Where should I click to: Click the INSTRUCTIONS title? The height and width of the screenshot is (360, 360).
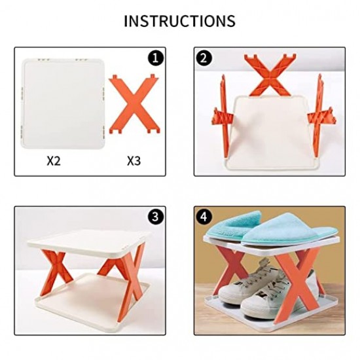pyautogui.click(x=179, y=20)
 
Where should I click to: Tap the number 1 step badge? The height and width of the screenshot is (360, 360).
pyautogui.click(x=155, y=58)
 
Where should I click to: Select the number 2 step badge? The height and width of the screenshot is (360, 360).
pyautogui.click(x=204, y=58)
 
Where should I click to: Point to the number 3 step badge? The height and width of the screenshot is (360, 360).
pyautogui.click(x=155, y=217)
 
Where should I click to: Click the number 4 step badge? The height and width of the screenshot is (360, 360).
pyautogui.click(x=204, y=217)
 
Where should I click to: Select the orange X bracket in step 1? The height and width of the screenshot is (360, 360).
pyautogui.click(x=133, y=102)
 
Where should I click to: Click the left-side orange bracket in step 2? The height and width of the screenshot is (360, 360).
pyautogui.click(x=221, y=108)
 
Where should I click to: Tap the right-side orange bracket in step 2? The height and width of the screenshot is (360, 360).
pyautogui.click(x=318, y=108)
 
